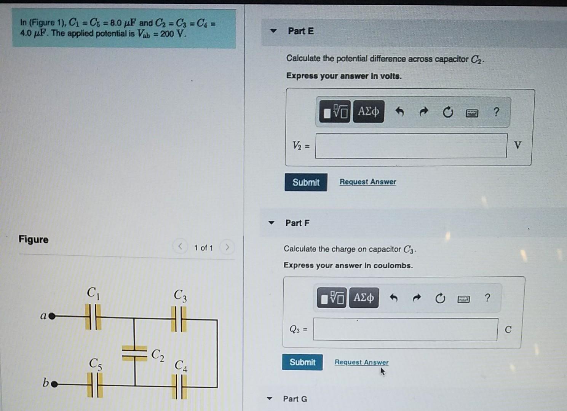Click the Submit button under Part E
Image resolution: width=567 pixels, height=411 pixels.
(306, 182)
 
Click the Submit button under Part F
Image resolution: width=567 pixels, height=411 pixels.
(302, 362)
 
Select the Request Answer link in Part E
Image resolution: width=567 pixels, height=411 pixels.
(367, 182)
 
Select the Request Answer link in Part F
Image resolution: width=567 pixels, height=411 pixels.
(361, 362)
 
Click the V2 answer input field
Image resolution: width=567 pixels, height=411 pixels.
(411, 146)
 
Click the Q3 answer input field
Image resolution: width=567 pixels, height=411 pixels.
(405, 330)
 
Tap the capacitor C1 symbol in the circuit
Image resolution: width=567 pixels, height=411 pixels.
(93, 317)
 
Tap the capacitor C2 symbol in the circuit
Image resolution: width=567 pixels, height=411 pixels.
(134, 353)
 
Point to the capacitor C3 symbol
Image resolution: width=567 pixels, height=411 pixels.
(179, 319)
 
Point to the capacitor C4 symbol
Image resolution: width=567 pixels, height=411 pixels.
(179, 387)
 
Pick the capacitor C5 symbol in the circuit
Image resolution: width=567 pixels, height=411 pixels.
(95, 385)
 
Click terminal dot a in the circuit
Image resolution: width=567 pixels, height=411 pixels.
(52, 316)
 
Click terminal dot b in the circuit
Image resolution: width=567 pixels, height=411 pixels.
(54, 384)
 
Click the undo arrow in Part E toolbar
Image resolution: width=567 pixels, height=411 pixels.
(399, 112)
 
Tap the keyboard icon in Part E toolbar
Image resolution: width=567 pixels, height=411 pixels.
(472, 113)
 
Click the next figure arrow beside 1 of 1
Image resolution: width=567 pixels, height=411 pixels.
(227, 247)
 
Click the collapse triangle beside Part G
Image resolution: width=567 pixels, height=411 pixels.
(270, 398)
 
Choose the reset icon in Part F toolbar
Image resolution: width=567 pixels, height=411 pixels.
(440, 298)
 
